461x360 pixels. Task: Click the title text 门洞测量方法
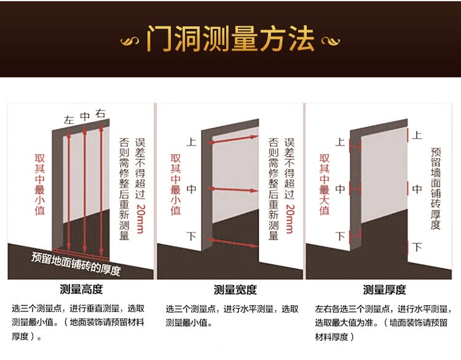click(x=230, y=38)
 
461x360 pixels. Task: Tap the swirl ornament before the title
click(x=130, y=41)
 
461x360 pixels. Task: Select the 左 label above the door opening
click(x=69, y=120)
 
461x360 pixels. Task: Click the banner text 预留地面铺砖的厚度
click(x=76, y=262)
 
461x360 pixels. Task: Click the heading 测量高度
click(x=81, y=290)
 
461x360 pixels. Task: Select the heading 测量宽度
click(x=235, y=290)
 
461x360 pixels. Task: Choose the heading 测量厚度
click(x=384, y=290)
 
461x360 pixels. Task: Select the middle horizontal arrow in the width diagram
click(x=234, y=188)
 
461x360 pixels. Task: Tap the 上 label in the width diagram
click(x=191, y=142)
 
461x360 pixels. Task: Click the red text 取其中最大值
click(x=325, y=184)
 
